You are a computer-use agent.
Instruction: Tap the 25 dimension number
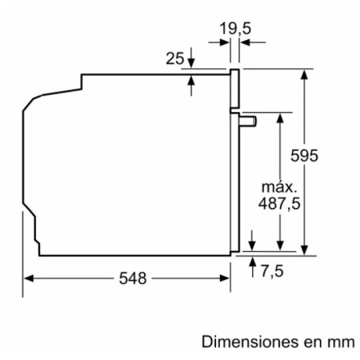coord(175,58)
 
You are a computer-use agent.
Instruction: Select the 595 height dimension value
coord(304,156)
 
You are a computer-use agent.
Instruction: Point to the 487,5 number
coord(279,203)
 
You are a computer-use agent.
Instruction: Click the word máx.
coord(279,185)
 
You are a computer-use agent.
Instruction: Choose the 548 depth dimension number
coord(133,278)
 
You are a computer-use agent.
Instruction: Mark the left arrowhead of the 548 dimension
coord(29,278)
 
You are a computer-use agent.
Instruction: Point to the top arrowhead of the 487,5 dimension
coord(279,117)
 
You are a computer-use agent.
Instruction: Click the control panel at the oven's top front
coord(235,90)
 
